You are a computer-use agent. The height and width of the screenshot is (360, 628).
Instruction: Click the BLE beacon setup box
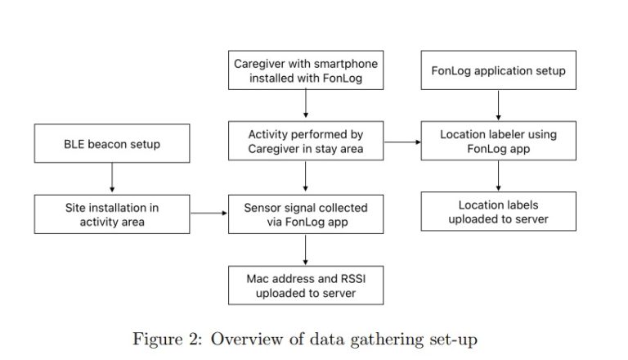(112, 144)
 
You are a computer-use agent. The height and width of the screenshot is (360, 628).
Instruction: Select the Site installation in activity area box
(112, 214)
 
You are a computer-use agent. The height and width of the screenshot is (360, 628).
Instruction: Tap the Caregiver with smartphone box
(306, 71)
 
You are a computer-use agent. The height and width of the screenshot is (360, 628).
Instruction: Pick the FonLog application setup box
(498, 71)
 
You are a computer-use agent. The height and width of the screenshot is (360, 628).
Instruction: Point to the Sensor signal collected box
(306, 214)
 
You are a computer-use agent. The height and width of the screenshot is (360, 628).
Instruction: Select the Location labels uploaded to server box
(498, 212)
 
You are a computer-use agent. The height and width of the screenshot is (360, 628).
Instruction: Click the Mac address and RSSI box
(306, 286)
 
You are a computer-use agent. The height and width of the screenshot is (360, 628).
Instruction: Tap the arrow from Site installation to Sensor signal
(209, 214)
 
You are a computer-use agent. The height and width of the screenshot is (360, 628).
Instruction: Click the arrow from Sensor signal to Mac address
(306, 250)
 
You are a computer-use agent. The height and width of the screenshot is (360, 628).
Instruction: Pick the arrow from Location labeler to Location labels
(498, 177)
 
